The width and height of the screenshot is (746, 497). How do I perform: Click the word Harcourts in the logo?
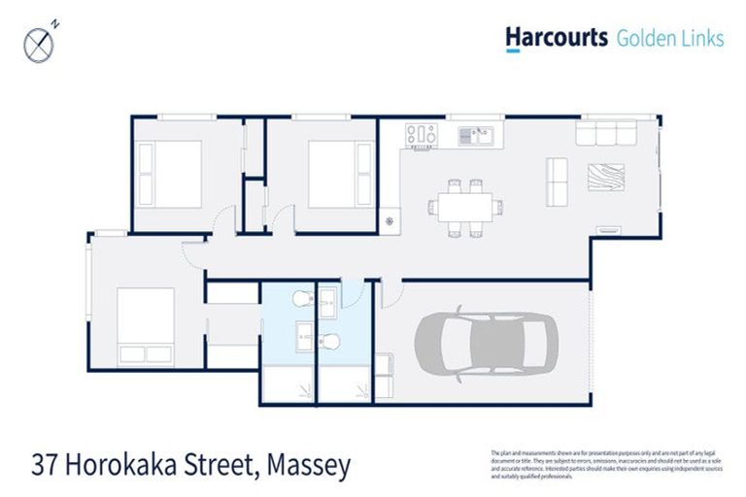pos(556,38)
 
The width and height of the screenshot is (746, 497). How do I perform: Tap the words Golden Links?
pos(670,39)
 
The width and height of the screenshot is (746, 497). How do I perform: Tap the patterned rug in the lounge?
pos(606,178)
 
